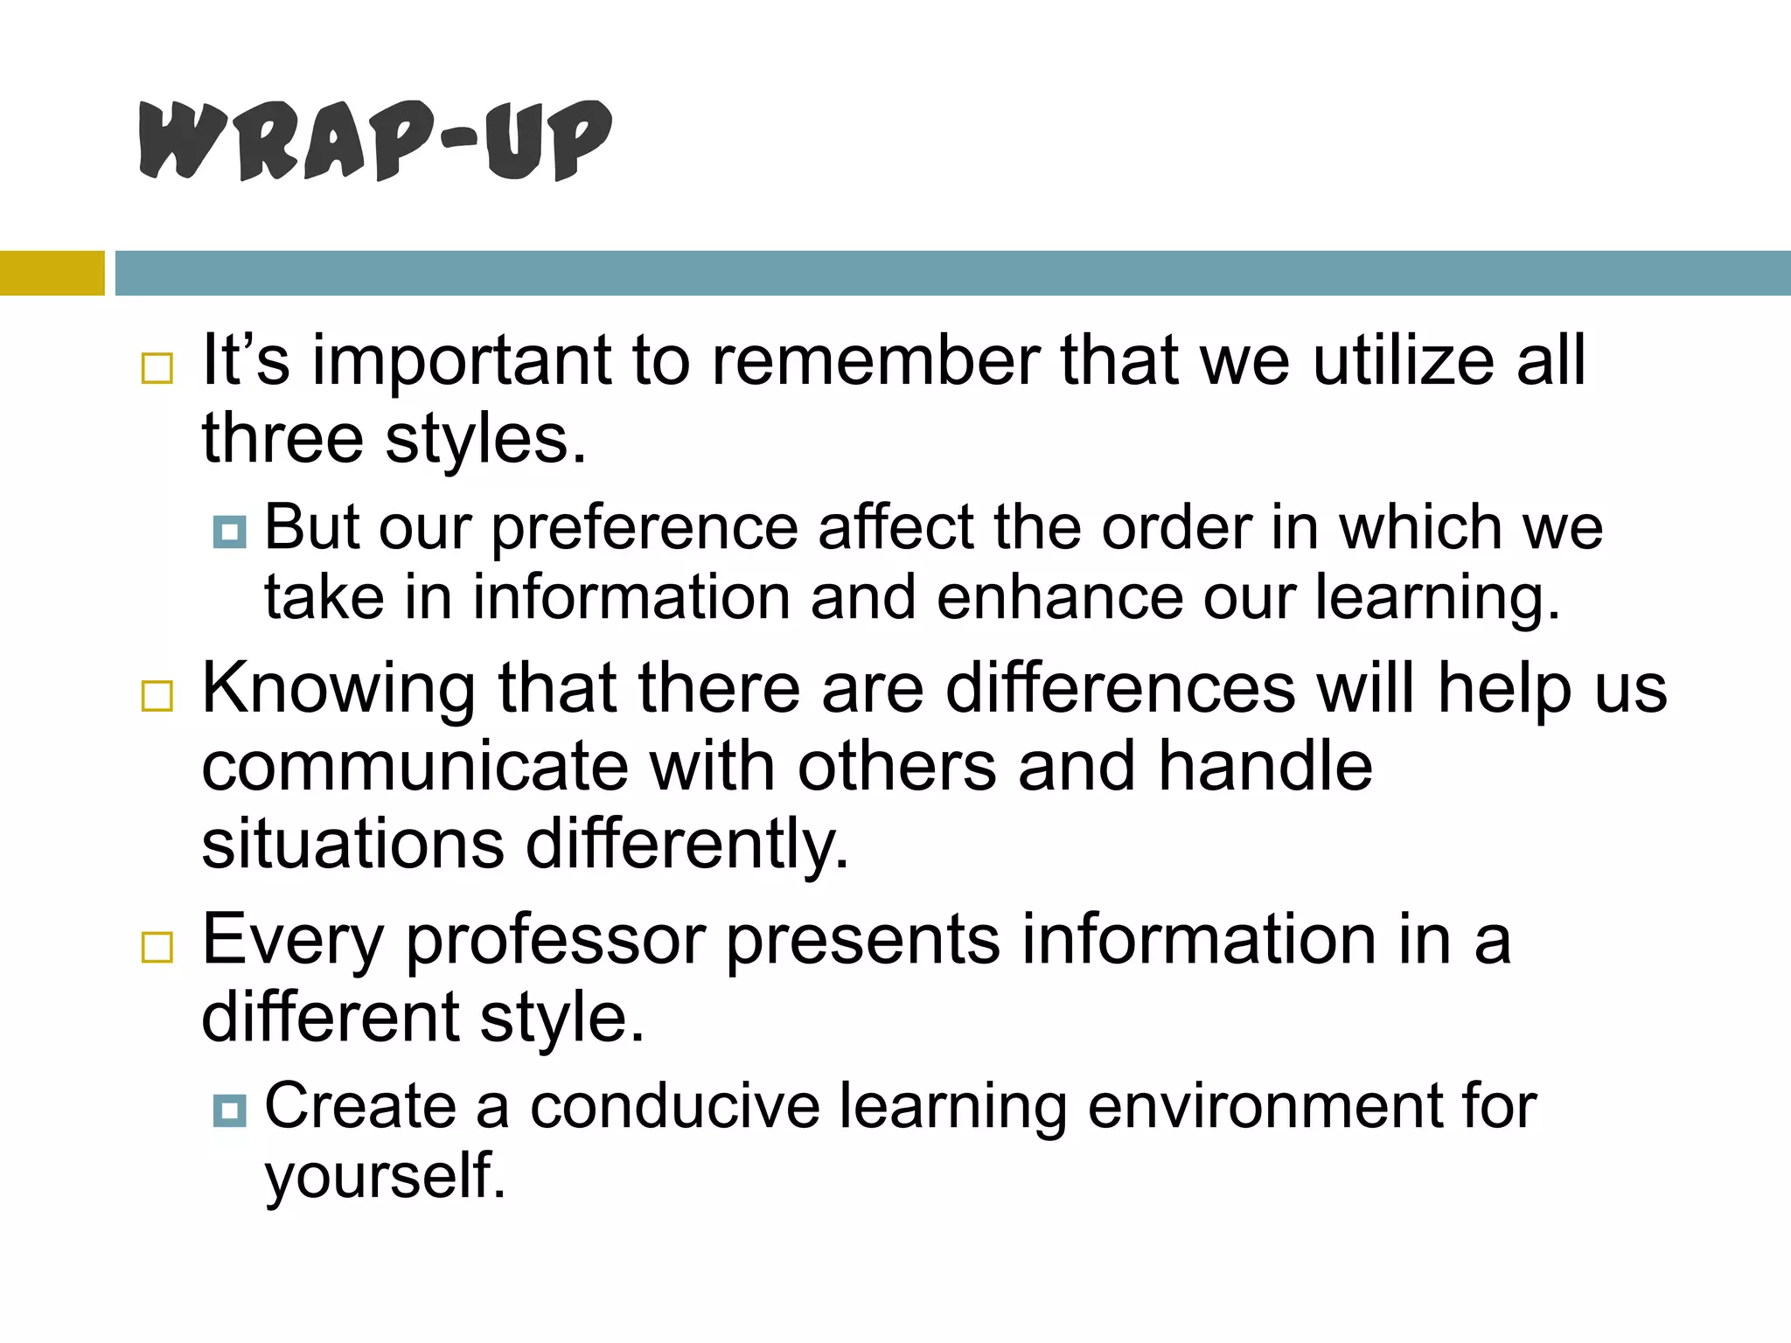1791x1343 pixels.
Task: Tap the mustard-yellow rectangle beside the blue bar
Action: coord(52,273)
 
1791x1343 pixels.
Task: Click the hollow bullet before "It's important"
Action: coord(157,368)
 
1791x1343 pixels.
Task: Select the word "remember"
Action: coord(875,360)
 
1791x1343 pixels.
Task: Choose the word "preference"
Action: coord(645,529)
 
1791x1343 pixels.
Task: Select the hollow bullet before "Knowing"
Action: coord(157,696)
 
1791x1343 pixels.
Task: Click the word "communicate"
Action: coord(415,767)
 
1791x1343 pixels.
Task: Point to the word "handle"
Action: coord(1265,767)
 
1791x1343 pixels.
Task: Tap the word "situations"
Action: coord(352,844)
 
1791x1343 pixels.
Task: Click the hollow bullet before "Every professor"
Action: coord(157,947)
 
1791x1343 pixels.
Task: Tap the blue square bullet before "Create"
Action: coord(230,1110)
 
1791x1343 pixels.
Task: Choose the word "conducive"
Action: coord(675,1107)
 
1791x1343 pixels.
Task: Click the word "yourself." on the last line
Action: coord(385,1177)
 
